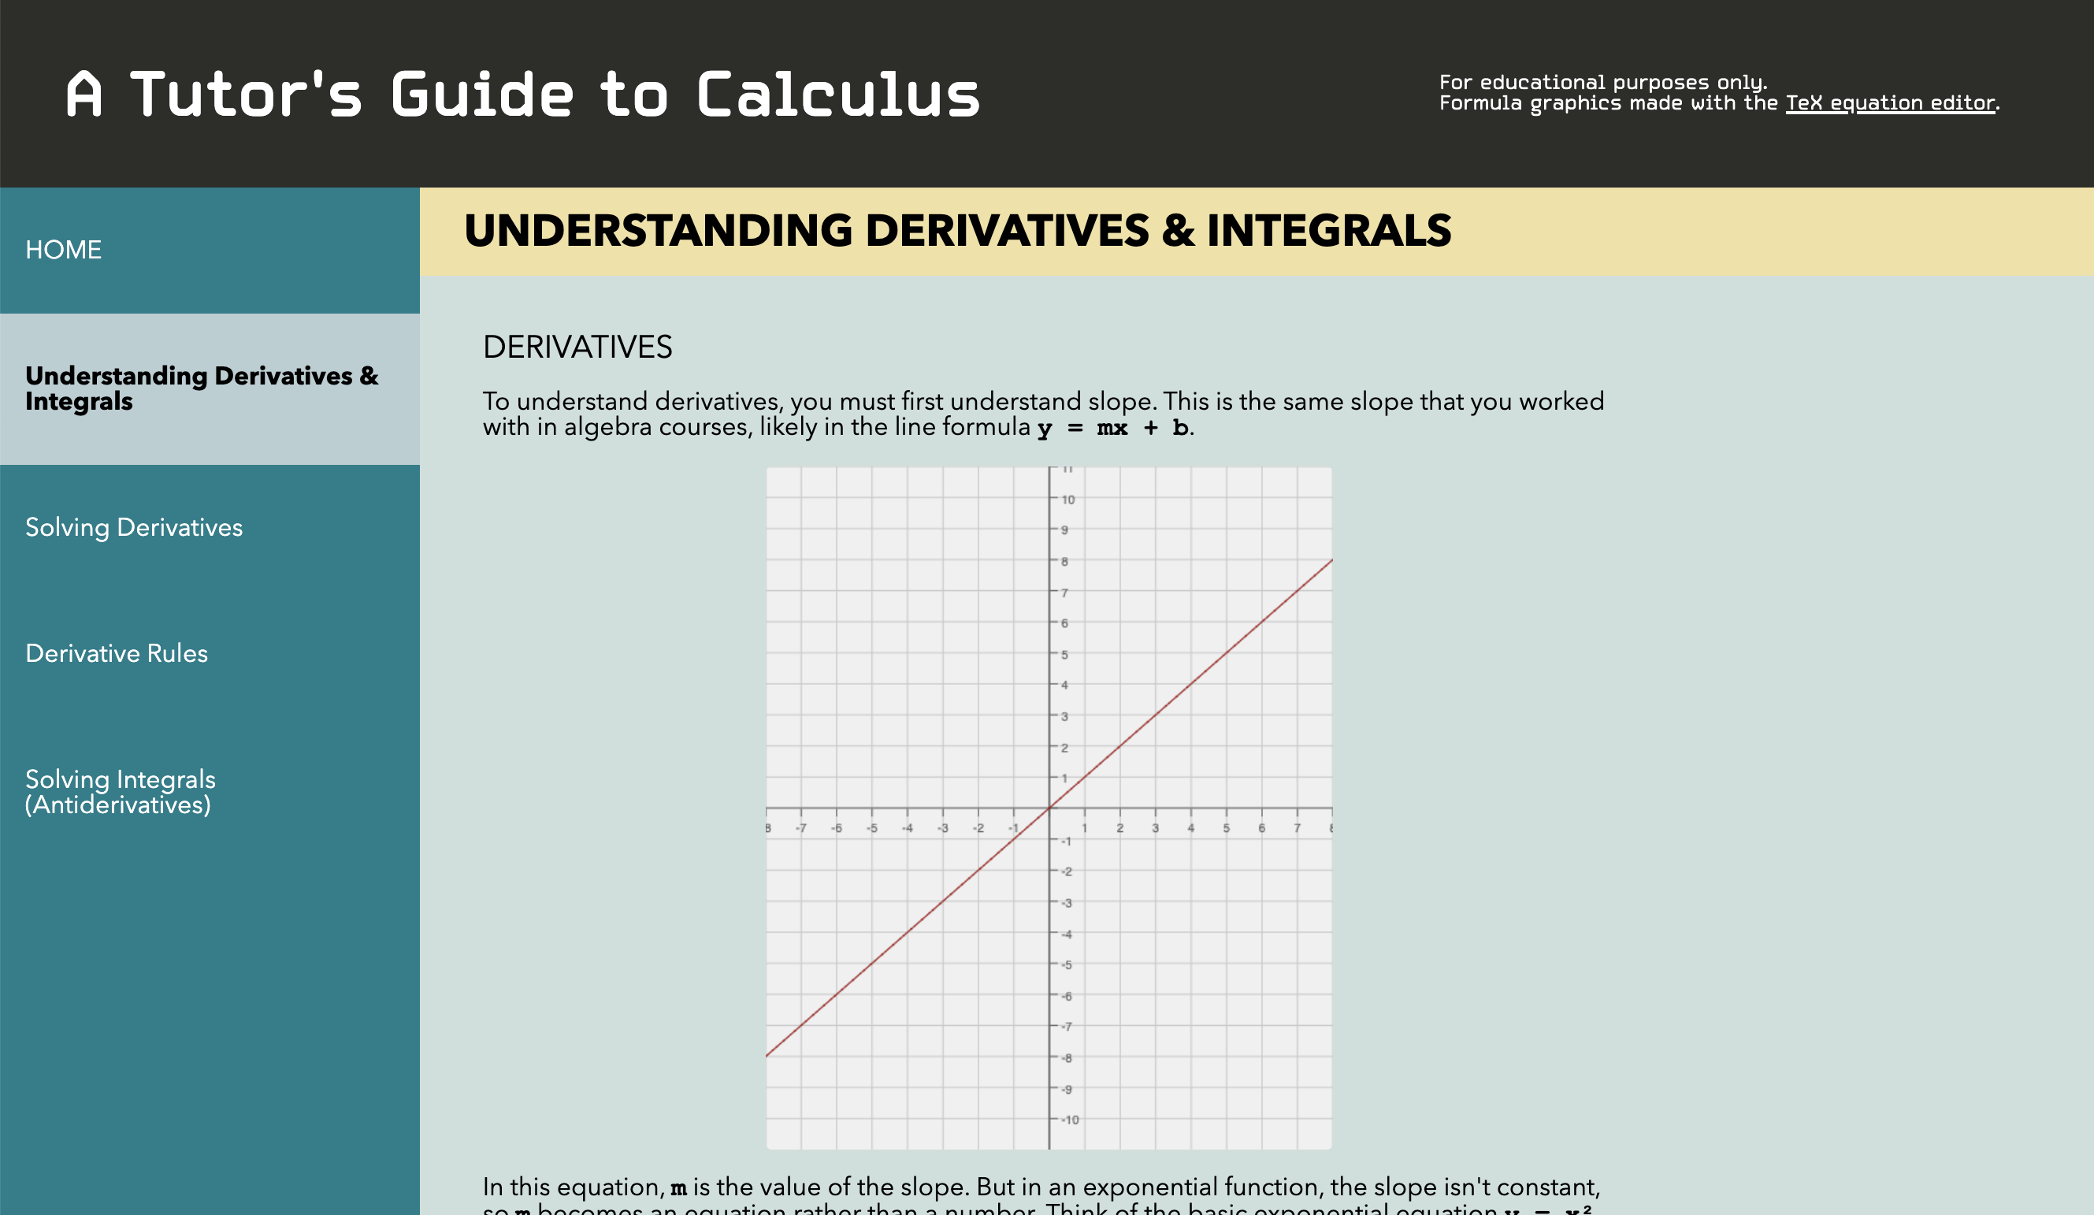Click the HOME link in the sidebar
pyautogui.click(x=63, y=249)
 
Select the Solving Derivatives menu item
pyautogui.click(x=134, y=528)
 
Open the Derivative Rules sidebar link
pyautogui.click(x=117, y=653)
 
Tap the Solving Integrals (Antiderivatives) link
pyautogui.click(x=120, y=792)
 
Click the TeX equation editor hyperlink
pyautogui.click(x=1890, y=103)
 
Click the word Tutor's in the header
pyautogui.click(x=246, y=95)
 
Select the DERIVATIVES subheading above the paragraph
pyautogui.click(x=577, y=347)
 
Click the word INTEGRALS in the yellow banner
pyautogui.click(x=1329, y=231)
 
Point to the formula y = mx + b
pyautogui.click(x=1112, y=428)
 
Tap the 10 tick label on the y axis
pyautogui.click(x=1067, y=500)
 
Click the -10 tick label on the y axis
pyautogui.click(x=1071, y=1120)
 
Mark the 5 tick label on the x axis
pyautogui.click(x=1226, y=829)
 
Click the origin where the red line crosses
pyautogui.click(x=1049, y=808)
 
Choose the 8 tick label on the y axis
pyautogui.click(x=1064, y=562)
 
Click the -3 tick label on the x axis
pyautogui.click(x=942, y=829)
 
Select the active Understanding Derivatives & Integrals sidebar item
pyautogui.click(x=201, y=388)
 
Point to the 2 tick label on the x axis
pyautogui.click(x=1119, y=829)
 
